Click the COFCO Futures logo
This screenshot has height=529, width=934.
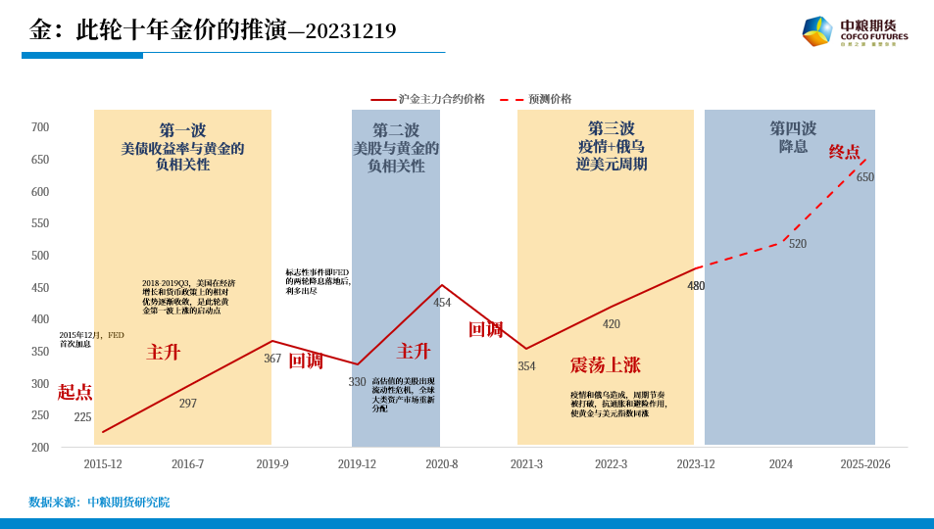tap(854, 31)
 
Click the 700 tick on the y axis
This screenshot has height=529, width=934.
tap(40, 127)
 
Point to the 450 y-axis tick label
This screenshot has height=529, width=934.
tap(40, 288)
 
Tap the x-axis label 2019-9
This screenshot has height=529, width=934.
tap(272, 464)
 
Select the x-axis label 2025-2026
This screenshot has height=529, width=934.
tap(864, 464)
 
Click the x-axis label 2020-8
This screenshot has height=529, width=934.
tap(441, 464)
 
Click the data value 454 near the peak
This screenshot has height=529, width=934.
tap(442, 303)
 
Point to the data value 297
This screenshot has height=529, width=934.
tap(188, 404)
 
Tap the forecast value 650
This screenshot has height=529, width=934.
tap(864, 177)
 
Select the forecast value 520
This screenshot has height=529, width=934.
tap(798, 244)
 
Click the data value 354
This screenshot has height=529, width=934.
tap(526, 366)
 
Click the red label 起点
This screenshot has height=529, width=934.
tap(74, 392)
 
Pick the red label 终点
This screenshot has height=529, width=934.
tap(845, 152)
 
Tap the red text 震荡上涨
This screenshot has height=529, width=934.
tap(605, 365)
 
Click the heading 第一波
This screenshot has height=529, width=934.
tap(182, 130)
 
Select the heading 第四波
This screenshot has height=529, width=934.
tap(792, 128)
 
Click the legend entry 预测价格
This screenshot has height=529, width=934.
tap(550, 99)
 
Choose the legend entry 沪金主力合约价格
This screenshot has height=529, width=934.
tap(441, 99)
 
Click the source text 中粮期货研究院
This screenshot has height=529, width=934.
tap(128, 503)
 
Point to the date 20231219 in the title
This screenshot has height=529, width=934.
tap(351, 31)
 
